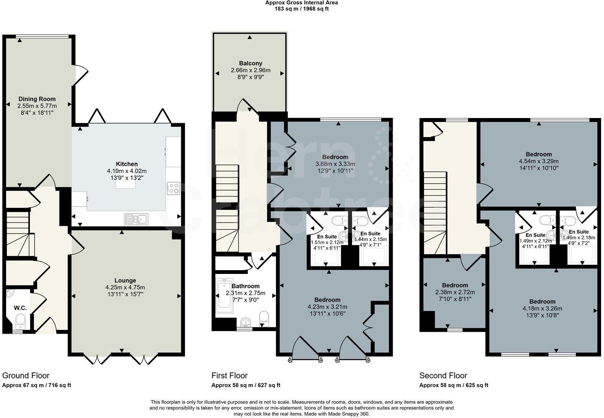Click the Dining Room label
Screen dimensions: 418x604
[37, 99]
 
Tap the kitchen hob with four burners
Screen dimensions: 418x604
[173, 188]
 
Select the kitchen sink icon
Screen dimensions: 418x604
[136, 219]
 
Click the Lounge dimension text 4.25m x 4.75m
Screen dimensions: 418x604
[125, 287]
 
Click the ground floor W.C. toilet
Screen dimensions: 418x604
[20, 321]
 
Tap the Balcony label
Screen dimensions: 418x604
[250, 63]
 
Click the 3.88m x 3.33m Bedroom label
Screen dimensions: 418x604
[335, 157]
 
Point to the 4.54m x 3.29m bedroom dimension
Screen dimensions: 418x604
[538, 161]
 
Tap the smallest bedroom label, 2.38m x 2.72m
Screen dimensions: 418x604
[455, 285]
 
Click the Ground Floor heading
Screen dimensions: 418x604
[26, 376]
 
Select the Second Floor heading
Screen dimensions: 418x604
[443, 376]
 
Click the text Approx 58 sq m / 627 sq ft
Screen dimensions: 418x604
[246, 385]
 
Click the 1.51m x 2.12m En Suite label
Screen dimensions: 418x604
[327, 236]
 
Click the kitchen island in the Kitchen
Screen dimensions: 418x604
[126, 184]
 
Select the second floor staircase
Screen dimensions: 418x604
[435, 212]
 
